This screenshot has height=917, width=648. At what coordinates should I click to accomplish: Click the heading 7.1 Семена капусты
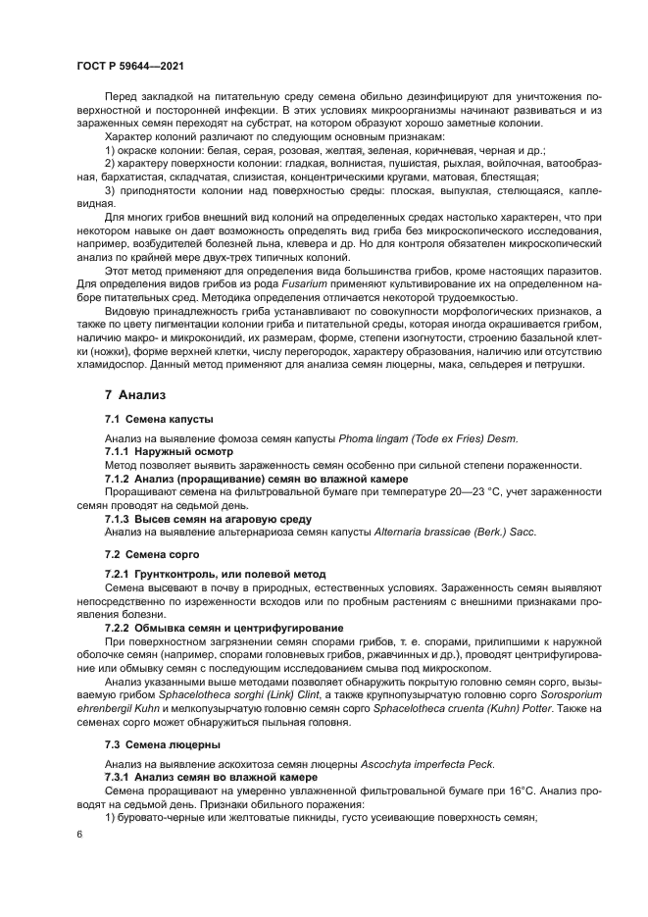pyautogui.click(x=158, y=419)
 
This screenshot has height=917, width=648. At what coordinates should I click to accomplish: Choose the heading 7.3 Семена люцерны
pyautogui.click(x=155, y=744)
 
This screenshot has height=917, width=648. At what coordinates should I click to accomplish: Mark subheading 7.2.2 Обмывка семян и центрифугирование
pyautogui.click(x=224, y=627)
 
